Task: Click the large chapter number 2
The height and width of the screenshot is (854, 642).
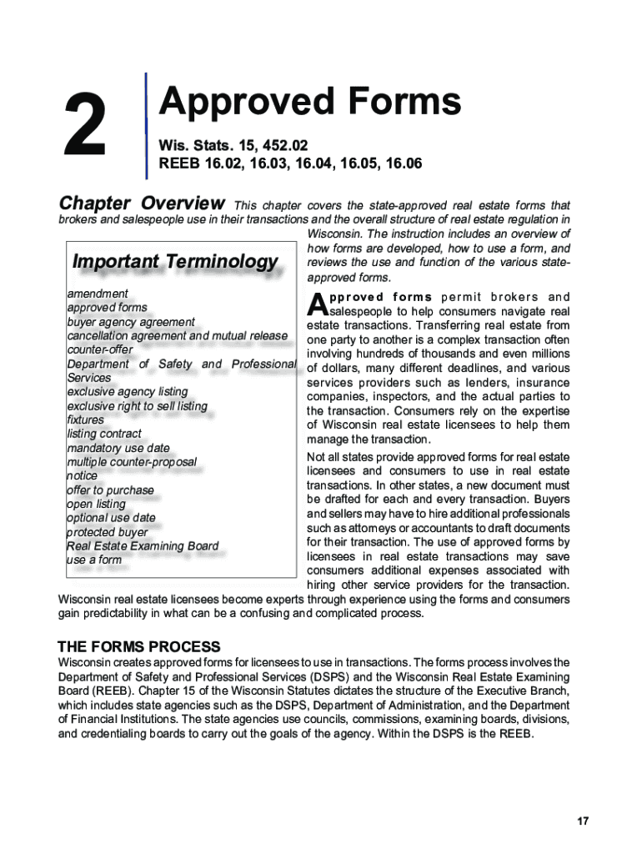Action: tap(83, 125)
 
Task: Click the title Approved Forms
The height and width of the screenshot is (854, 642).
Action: tap(309, 103)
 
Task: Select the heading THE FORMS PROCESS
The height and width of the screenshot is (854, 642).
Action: tap(138, 647)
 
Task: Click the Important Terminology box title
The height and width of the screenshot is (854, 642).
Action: tap(175, 262)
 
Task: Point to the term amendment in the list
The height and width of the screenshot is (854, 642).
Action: tap(98, 294)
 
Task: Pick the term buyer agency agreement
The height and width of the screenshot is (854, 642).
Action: tap(131, 322)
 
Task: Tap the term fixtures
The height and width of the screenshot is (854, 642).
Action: tap(86, 419)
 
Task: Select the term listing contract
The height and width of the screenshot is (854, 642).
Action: tap(104, 434)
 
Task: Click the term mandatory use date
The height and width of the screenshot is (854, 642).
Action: tap(118, 448)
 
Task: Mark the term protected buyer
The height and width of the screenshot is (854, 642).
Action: tap(108, 532)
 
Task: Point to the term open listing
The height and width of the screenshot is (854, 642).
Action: tap(97, 504)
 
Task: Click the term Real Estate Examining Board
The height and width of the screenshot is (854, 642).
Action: tap(143, 546)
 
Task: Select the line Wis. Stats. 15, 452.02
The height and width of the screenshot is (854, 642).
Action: tap(227, 145)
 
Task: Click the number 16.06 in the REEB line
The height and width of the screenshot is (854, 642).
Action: tap(403, 164)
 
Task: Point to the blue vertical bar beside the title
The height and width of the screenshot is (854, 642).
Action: tap(147, 125)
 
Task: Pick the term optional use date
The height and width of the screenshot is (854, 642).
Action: tap(111, 518)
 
